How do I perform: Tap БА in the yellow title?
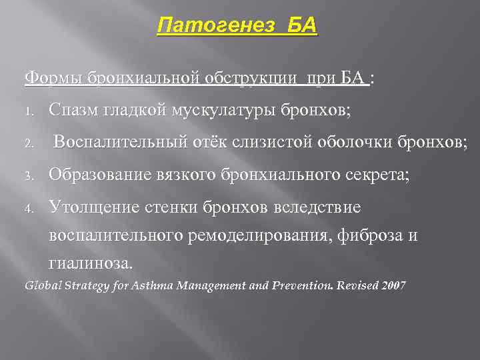tap(300, 27)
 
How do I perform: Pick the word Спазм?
tap(74, 111)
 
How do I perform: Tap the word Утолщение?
tap(93, 208)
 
